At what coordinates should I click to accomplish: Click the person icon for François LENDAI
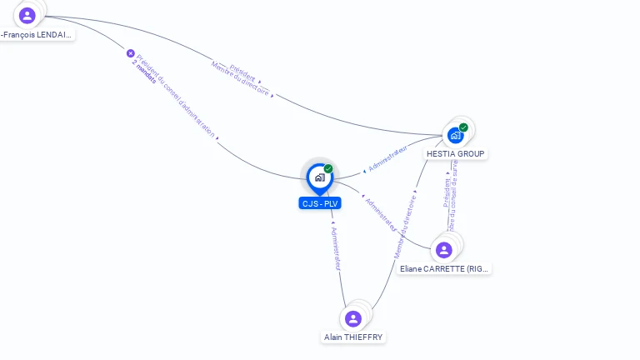tap(27, 15)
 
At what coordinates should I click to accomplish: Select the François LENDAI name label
tap(37, 35)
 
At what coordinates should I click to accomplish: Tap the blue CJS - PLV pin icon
tap(319, 177)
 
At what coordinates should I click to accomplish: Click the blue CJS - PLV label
tap(320, 203)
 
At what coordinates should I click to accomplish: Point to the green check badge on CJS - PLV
tap(328, 169)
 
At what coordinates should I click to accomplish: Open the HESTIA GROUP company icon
tap(454, 135)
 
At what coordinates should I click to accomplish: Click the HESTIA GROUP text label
tap(455, 153)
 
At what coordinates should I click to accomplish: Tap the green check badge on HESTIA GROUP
tap(463, 127)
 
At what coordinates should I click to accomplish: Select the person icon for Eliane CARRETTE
tap(443, 249)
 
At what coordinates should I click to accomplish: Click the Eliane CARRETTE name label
tap(444, 268)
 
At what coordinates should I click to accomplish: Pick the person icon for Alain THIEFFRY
tap(353, 318)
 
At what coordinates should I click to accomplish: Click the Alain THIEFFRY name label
tap(354, 337)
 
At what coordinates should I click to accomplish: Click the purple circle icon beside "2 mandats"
tap(130, 53)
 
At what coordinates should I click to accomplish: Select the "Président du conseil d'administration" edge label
tap(177, 97)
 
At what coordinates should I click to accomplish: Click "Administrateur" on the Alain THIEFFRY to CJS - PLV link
tap(335, 247)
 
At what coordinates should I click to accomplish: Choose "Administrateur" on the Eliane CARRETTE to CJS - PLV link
tap(380, 214)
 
